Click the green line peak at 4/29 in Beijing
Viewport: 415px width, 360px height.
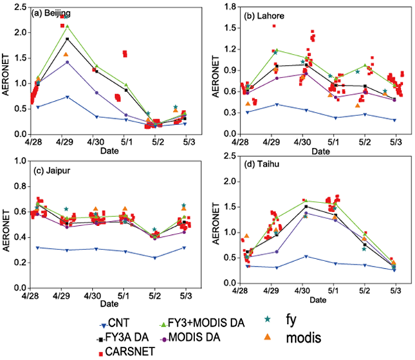(x=67, y=26)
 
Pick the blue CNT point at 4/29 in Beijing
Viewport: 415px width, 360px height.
(x=67, y=97)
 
